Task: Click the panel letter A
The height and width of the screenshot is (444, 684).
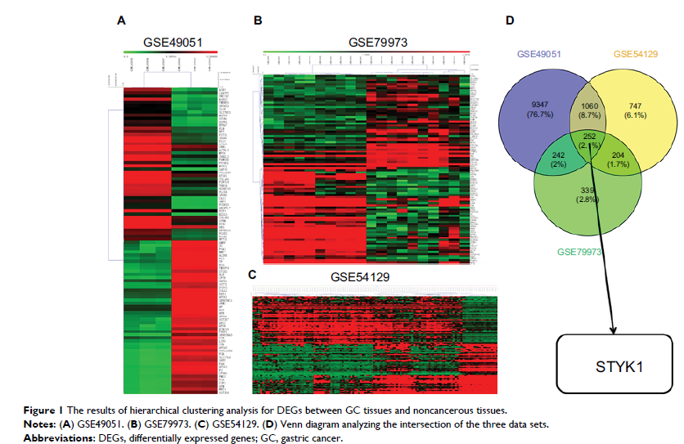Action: (x=121, y=18)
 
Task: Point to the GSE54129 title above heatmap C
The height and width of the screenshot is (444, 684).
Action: (x=360, y=277)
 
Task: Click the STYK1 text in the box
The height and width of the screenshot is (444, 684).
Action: (x=619, y=366)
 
